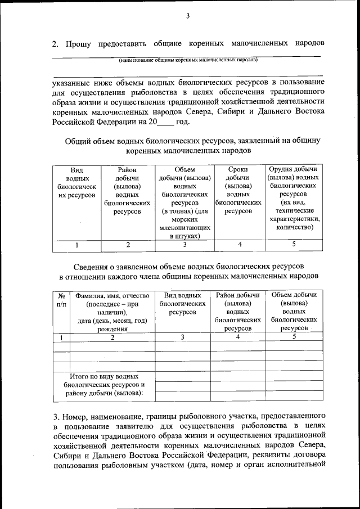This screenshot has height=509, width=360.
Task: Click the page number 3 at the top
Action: [x=188, y=16]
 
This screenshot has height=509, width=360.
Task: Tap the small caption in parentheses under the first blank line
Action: [x=188, y=59]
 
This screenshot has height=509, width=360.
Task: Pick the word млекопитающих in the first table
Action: [x=184, y=228]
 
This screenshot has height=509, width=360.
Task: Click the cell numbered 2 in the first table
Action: [x=128, y=245]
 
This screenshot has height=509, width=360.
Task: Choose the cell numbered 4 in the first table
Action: [x=240, y=245]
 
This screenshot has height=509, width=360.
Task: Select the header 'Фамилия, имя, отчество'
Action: [x=112, y=312]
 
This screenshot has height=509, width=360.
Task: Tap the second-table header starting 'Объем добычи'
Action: [x=294, y=311]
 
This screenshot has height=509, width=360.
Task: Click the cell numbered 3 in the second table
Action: [x=182, y=337]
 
